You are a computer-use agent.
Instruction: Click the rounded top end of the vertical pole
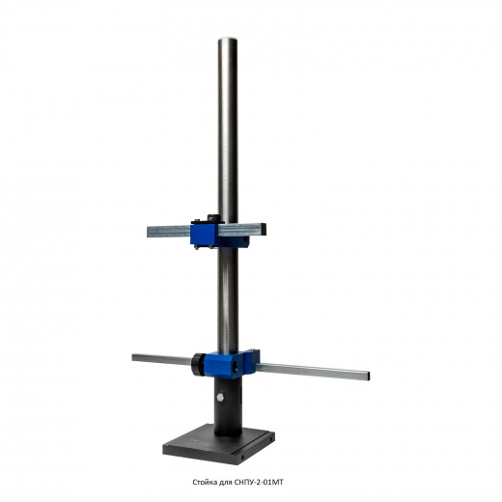coord(228,41)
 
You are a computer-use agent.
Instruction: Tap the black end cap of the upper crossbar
coord(264,229)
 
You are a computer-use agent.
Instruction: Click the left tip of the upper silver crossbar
coord(148,232)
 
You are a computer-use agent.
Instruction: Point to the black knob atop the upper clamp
coord(213,217)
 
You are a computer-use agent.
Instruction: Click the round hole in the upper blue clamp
coord(245,239)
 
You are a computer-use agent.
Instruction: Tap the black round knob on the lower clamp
coord(198,364)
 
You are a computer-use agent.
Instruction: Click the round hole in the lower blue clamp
coord(236,365)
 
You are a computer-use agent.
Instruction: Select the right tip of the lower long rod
coord(369,376)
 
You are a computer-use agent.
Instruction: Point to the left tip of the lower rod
coord(133,357)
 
